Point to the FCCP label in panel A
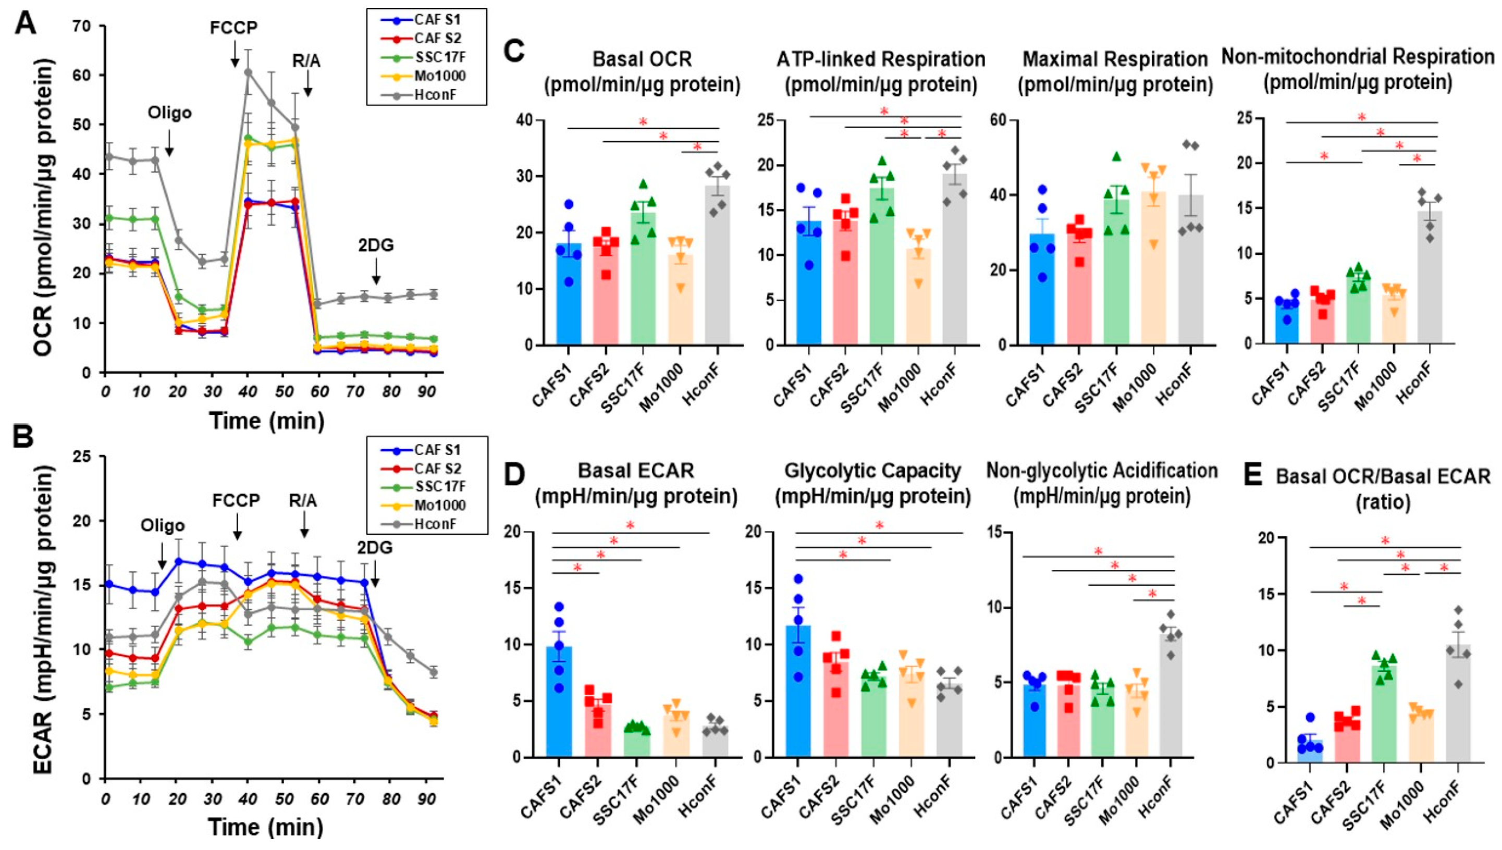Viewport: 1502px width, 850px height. tap(234, 28)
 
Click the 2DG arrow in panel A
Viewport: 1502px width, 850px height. tap(376, 274)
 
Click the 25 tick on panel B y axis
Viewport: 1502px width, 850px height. tap(87, 456)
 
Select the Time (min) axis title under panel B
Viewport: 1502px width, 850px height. tap(266, 827)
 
